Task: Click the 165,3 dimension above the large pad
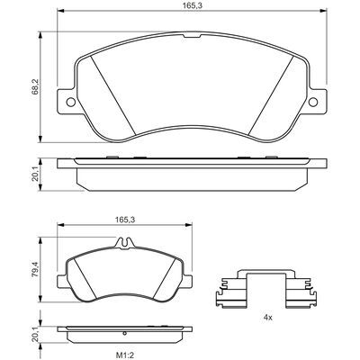click(191, 4)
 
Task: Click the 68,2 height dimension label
click(35, 87)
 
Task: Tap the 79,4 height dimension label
click(35, 270)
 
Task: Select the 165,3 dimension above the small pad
click(124, 220)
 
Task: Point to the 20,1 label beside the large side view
click(35, 175)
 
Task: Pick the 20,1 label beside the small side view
click(35, 335)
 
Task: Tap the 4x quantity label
click(268, 318)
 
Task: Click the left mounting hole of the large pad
click(71, 102)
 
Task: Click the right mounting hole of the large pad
click(313, 102)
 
